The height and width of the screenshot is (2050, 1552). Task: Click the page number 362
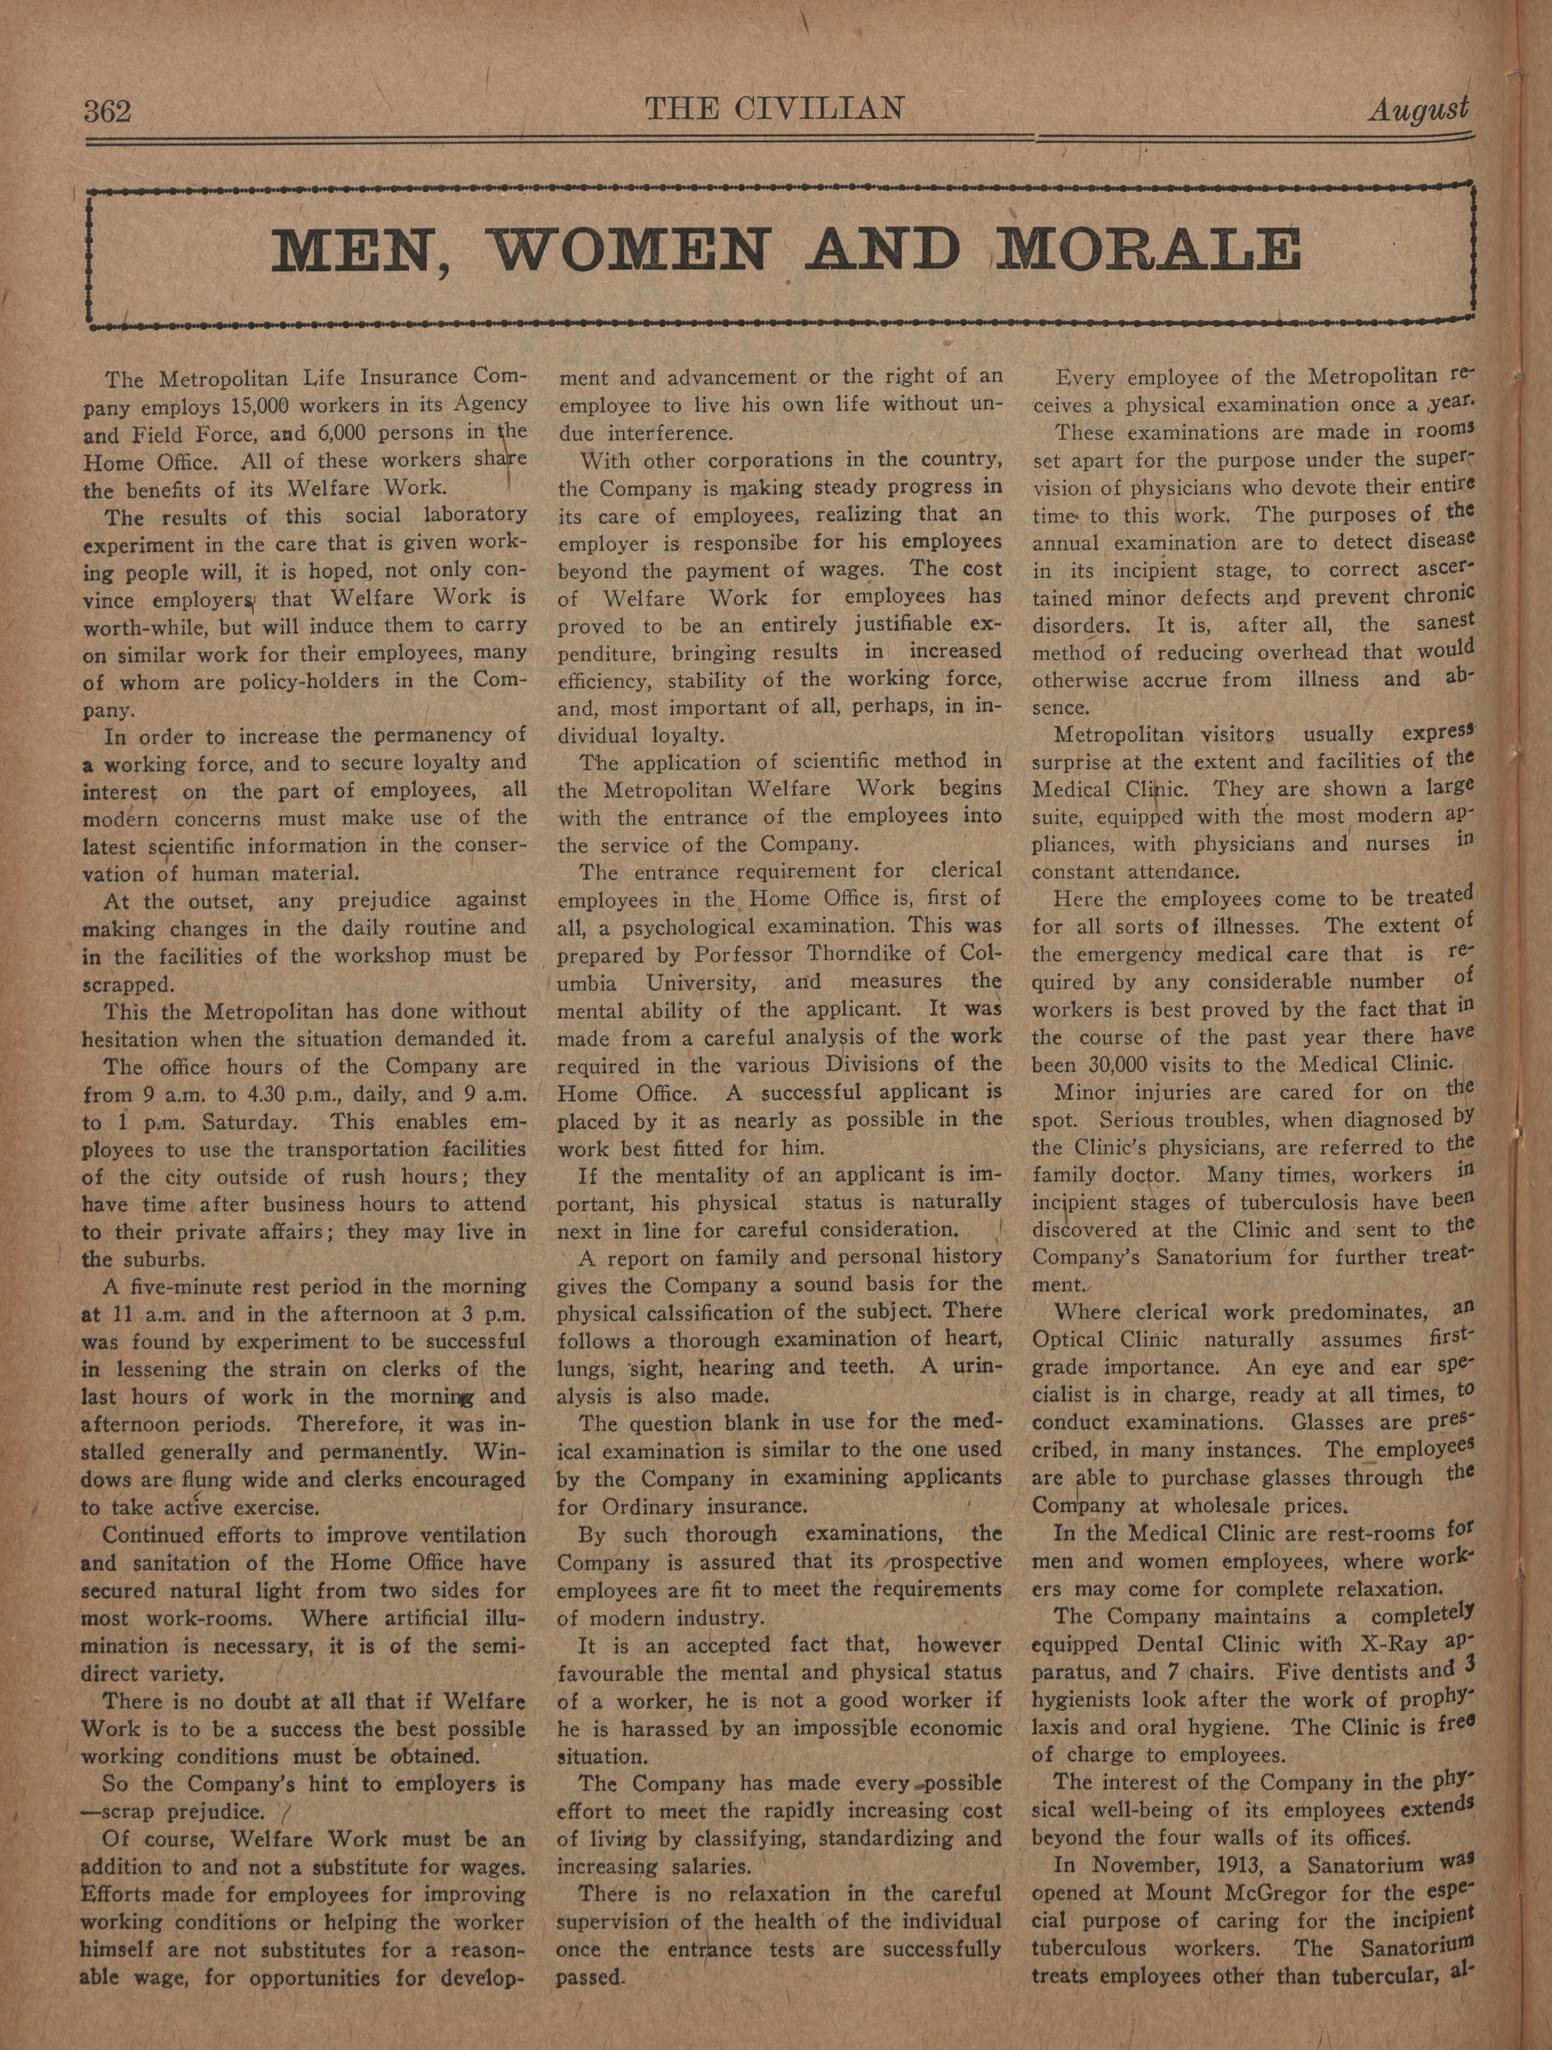coord(108,112)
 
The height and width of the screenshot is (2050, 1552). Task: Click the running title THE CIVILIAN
coord(774,110)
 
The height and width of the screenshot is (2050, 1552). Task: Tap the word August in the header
coord(1418,110)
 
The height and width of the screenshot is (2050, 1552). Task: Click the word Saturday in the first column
coord(246,1123)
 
